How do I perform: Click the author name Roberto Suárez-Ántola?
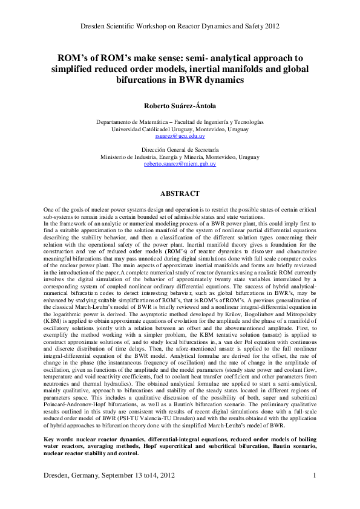pos(179,105)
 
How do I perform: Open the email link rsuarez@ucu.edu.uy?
pos(180,137)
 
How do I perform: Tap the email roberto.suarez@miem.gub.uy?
pos(180,164)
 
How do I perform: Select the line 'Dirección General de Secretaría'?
pos(180,149)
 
